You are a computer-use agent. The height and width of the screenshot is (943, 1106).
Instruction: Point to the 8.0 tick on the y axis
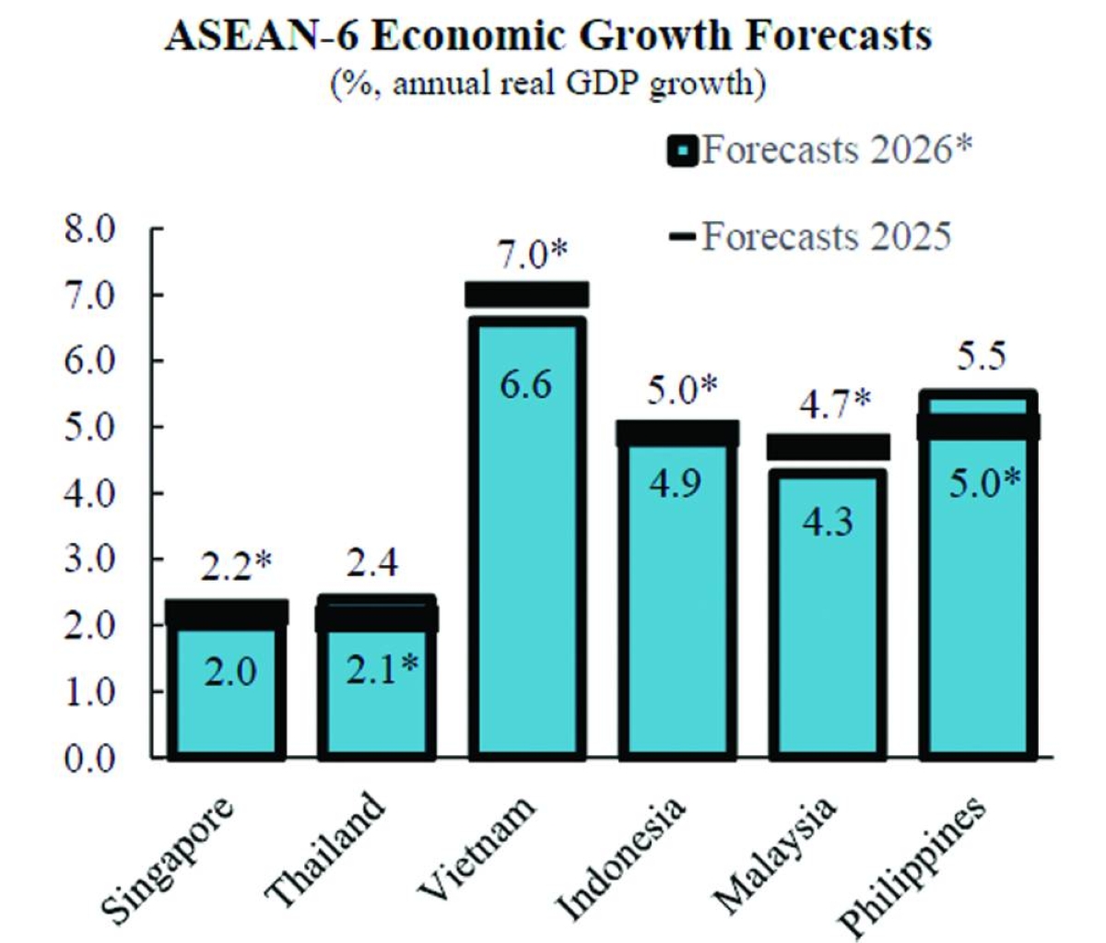(x=89, y=229)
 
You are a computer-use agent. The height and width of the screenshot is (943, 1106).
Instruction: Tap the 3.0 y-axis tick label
(x=89, y=559)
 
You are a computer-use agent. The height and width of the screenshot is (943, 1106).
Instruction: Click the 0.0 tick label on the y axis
(x=89, y=757)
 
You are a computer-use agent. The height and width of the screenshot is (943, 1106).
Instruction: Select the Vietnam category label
(x=477, y=847)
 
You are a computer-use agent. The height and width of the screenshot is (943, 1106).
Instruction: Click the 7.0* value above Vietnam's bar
(x=531, y=254)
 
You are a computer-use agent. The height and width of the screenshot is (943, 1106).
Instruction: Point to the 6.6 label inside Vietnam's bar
(x=525, y=384)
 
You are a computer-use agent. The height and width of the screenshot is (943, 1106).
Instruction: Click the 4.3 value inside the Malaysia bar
(x=828, y=522)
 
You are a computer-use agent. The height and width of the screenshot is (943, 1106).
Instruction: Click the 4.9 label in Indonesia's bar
(x=677, y=483)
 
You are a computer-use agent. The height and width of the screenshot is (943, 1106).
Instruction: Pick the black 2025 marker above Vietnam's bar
(x=526, y=294)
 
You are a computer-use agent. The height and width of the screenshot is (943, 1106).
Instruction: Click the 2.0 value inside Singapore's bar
(x=229, y=672)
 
